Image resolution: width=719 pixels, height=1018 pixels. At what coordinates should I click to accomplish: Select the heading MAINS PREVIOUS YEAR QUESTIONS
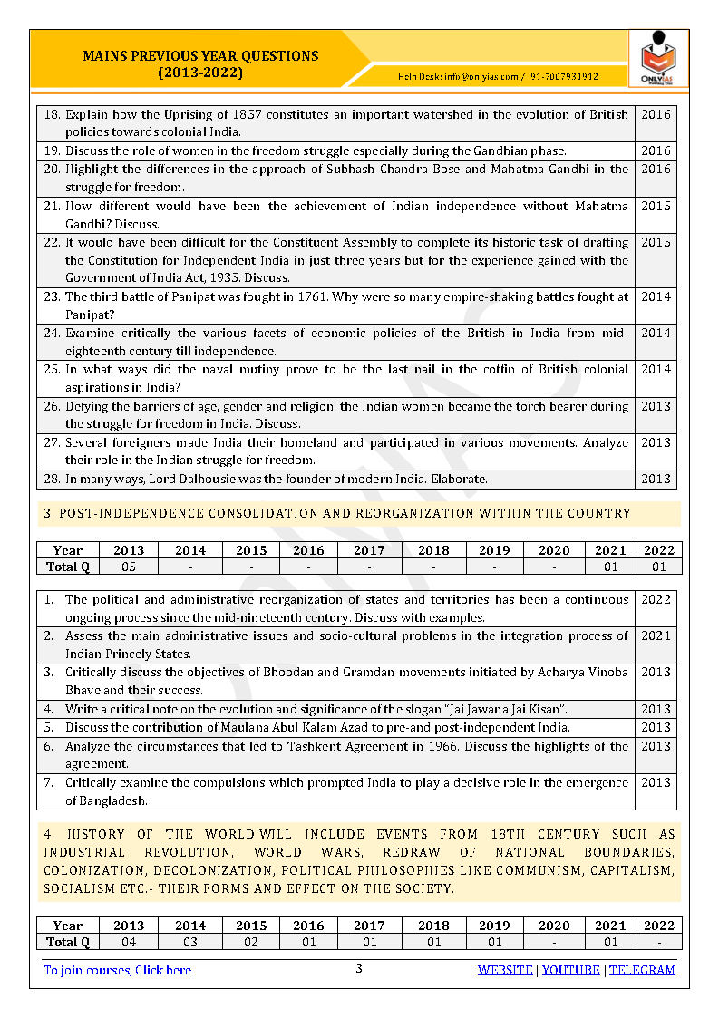[x=200, y=55]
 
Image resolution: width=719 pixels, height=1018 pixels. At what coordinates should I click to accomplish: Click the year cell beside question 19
[x=656, y=150]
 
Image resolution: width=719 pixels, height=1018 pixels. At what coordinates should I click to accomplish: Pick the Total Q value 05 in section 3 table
[x=129, y=567]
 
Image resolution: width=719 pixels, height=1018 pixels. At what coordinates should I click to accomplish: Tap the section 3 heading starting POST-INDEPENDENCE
[x=336, y=513]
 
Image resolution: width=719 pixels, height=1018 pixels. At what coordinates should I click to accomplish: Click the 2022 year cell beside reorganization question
[x=656, y=600]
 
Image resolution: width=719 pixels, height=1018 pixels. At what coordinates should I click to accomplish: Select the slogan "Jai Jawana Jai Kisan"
[x=496, y=709]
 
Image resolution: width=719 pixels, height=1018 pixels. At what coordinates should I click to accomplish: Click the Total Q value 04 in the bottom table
[x=129, y=942]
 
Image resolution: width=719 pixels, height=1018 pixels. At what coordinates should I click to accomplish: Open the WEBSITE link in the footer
[x=505, y=970]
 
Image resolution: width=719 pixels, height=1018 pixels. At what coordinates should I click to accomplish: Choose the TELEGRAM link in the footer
[x=642, y=970]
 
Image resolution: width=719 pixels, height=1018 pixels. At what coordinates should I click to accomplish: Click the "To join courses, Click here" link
[x=118, y=970]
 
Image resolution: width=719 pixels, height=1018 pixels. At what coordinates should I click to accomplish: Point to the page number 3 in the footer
[x=358, y=968]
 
